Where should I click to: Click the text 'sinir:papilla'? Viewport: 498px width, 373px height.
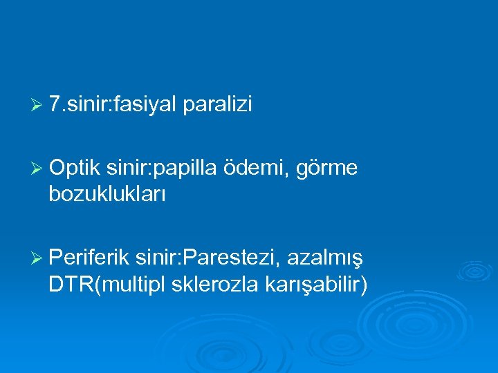[163, 168]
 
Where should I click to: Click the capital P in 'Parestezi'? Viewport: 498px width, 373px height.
[187, 258]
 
